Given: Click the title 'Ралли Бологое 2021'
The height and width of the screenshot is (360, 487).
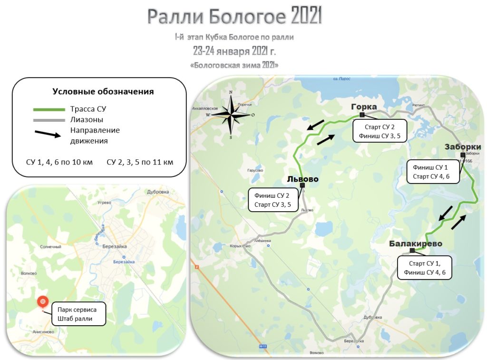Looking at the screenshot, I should [234, 16].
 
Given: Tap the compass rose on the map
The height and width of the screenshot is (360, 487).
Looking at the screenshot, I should [231, 115].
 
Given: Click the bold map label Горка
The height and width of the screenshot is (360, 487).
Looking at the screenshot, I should [364, 107].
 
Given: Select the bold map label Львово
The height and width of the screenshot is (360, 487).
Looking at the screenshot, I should [302, 179].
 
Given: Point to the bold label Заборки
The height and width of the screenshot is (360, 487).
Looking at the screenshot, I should [463, 146].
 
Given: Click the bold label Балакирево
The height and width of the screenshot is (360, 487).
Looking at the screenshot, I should [415, 243].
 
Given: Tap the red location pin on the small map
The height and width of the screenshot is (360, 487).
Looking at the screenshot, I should [42, 302].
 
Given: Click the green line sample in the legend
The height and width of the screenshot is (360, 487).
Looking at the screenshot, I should [49, 109].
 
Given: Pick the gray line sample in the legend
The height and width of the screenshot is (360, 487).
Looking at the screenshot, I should [49, 120].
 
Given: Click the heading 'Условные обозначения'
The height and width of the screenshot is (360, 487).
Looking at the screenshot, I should [103, 91].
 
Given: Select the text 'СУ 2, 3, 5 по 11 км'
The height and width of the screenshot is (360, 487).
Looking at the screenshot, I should [140, 162].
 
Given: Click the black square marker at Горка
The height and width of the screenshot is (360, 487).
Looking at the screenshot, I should [362, 115].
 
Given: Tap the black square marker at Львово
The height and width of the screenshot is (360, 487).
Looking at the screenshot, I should [302, 185].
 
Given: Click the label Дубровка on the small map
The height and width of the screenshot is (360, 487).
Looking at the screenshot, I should [158, 192].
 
